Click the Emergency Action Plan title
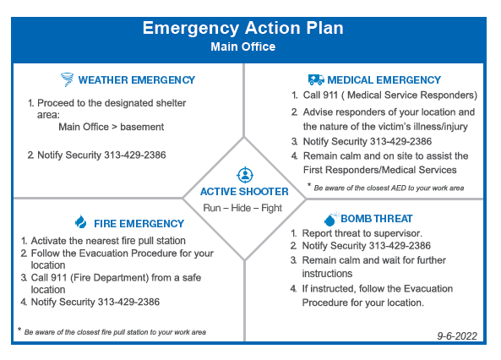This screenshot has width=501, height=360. click(x=243, y=28)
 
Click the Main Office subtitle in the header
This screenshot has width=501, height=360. click(x=243, y=47)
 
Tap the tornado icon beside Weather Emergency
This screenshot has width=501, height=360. click(x=67, y=80)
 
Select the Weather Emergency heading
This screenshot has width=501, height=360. click(x=136, y=80)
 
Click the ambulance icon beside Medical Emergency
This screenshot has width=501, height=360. click(x=316, y=79)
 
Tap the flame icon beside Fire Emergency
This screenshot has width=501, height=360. click(x=81, y=223)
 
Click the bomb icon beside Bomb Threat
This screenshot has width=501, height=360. click(x=329, y=219)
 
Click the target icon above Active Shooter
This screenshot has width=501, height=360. click(x=244, y=176)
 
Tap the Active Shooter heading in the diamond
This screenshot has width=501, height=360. click(x=244, y=192)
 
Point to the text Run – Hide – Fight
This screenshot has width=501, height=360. click(x=244, y=208)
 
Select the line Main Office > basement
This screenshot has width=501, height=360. click(x=111, y=128)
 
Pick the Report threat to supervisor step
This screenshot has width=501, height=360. click(x=362, y=233)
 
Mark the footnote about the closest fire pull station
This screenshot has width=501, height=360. click(x=114, y=332)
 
